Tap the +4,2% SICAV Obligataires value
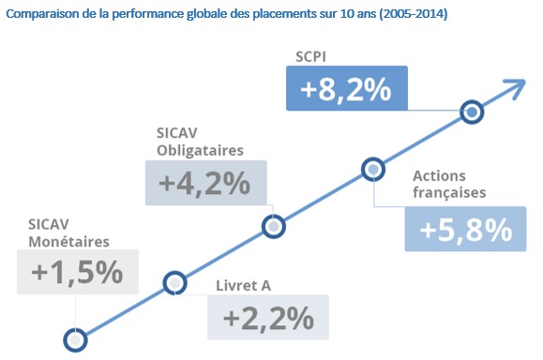pos(206,184)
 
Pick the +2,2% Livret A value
pos(268,318)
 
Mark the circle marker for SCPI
pos(473,112)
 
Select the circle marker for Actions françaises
pos(373,170)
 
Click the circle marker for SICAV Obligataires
pos(273,226)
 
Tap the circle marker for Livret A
pos(174,282)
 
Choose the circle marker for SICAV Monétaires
pos(74,338)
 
